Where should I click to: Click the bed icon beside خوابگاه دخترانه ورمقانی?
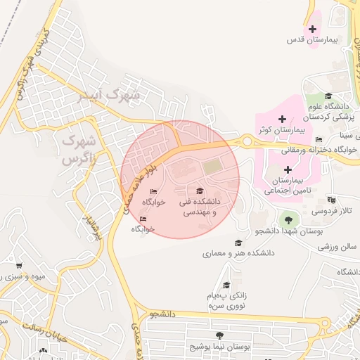pyautogui.click(x=319, y=139)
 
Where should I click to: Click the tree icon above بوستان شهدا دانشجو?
pyautogui.click(x=288, y=217)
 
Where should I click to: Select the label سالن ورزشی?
pyautogui.click(x=338, y=247)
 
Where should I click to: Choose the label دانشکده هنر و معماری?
pyautogui.click(x=239, y=252)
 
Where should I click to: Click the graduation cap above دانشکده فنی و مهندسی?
pyautogui.click(x=199, y=191)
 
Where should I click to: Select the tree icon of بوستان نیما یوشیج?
pyautogui.click(x=221, y=335)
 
